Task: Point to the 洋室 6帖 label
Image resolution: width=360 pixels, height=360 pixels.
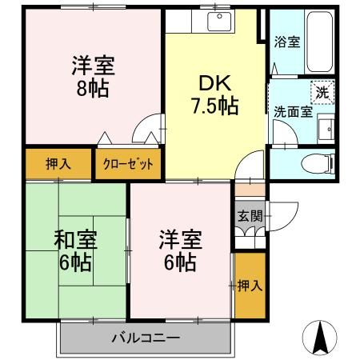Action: [179, 250]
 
